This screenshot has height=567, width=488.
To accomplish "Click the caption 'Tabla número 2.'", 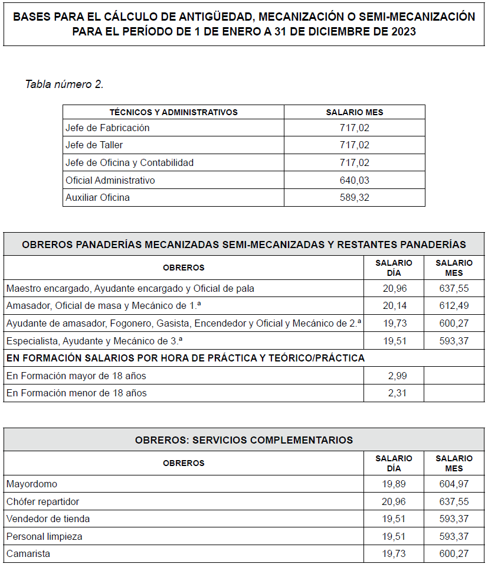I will click(64, 84).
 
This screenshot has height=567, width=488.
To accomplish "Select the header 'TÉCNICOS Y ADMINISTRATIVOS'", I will click(173, 112).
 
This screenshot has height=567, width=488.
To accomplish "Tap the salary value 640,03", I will click(354, 180).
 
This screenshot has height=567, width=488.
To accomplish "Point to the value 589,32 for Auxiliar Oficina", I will click(354, 198).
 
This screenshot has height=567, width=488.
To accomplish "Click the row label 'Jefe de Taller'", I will click(94, 145).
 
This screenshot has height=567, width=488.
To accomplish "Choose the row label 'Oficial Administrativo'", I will click(110, 180).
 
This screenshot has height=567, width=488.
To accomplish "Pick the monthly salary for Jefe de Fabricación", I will click(354, 128).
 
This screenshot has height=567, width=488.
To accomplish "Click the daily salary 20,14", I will click(394, 305).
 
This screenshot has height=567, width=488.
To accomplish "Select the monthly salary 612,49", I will click(454, 305).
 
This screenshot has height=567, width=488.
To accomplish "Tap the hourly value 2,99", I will click(397, 376).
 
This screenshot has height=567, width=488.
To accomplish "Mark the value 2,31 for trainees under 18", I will click(397, 393).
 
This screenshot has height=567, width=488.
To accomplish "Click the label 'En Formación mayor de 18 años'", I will click(76, 376).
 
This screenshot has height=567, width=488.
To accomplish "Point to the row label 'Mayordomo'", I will click(32, 484).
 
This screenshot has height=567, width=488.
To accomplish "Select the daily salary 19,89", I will click(394, 484).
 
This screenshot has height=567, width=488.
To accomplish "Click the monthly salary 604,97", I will click(454, 484).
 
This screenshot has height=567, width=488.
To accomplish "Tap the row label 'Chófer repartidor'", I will click(42, 501).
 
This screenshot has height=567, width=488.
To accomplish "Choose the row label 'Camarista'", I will click(28, 554).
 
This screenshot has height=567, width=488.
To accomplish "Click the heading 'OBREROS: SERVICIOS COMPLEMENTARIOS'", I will click(244, 441).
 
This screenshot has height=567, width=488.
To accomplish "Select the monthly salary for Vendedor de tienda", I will click(454, 519).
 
